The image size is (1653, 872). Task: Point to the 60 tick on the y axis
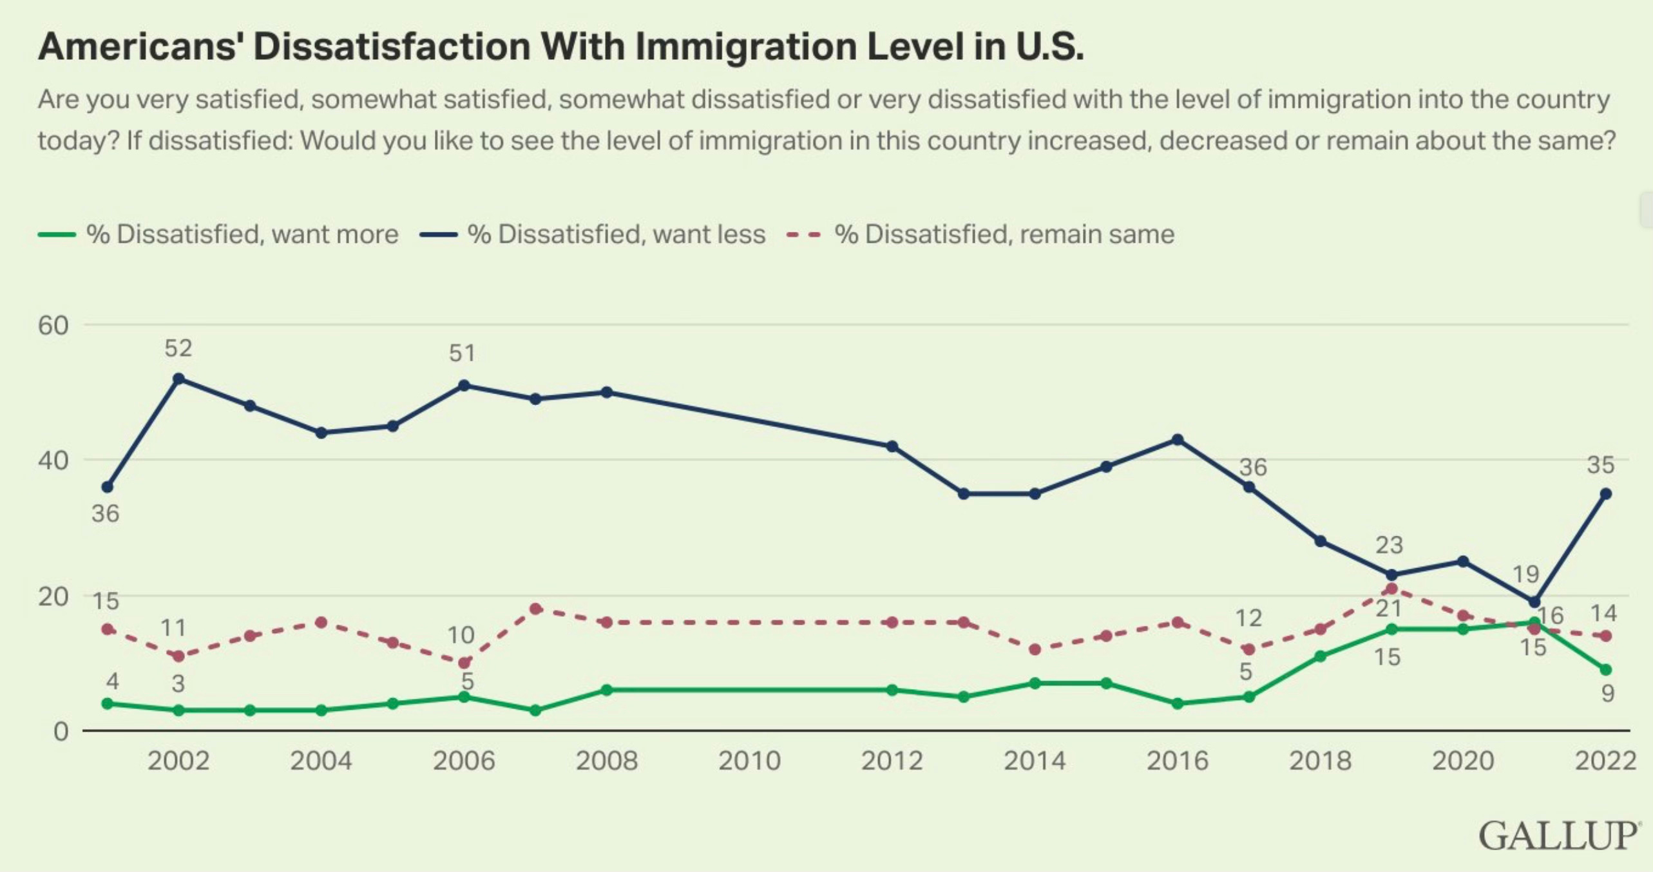[x=53, y=325]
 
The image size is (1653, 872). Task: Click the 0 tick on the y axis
[x=61, y=732]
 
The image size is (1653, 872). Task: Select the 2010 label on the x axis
[x=749, y=761]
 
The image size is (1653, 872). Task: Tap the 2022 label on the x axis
[x=1605, y=761]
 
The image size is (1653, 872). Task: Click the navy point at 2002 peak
[x=179, y=379]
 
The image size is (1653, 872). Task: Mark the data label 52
[x=178, y=348]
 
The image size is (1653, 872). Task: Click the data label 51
[x=463, y=353]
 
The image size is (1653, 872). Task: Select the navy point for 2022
[x=1606, y=494]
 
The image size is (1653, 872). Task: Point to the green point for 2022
[x=1605, y=670]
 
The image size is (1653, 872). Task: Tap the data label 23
[x=1389, y=545]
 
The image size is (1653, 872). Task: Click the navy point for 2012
[x=892, y=446]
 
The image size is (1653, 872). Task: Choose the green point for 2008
[x=606, y=690]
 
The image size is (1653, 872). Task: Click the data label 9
[x=1608, y=694]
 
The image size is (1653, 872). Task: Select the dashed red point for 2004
[x=321, y=622]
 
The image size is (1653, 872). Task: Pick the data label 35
[x=1601, y=464]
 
